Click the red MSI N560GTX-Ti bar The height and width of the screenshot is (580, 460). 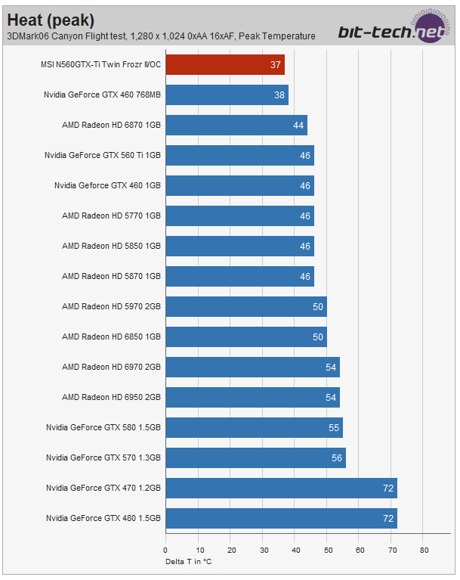[224, 64]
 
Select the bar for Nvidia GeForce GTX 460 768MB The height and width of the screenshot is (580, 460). [227, 95]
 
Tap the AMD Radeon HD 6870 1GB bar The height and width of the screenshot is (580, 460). [236, 125]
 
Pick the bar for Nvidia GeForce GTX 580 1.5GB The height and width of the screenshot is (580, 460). [254, 427]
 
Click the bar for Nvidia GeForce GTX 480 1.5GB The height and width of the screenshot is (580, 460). [281, 518]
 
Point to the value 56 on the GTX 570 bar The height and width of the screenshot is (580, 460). [337, 457]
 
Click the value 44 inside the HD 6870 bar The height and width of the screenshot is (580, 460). [298, 125]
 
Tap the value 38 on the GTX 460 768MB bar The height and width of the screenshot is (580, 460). [279, 95]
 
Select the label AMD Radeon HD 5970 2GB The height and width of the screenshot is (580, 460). [111, 306]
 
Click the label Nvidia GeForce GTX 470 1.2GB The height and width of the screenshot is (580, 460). [103, 488]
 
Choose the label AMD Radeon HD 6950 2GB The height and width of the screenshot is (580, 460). [111, 397]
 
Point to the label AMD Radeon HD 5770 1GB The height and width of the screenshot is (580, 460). [111, 216]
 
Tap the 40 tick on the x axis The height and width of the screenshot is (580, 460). [295, 550]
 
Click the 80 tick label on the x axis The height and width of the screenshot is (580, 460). [424, 550]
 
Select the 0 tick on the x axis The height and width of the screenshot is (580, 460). [165, 550]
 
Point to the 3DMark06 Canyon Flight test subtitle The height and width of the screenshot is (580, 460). [161, 36]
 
